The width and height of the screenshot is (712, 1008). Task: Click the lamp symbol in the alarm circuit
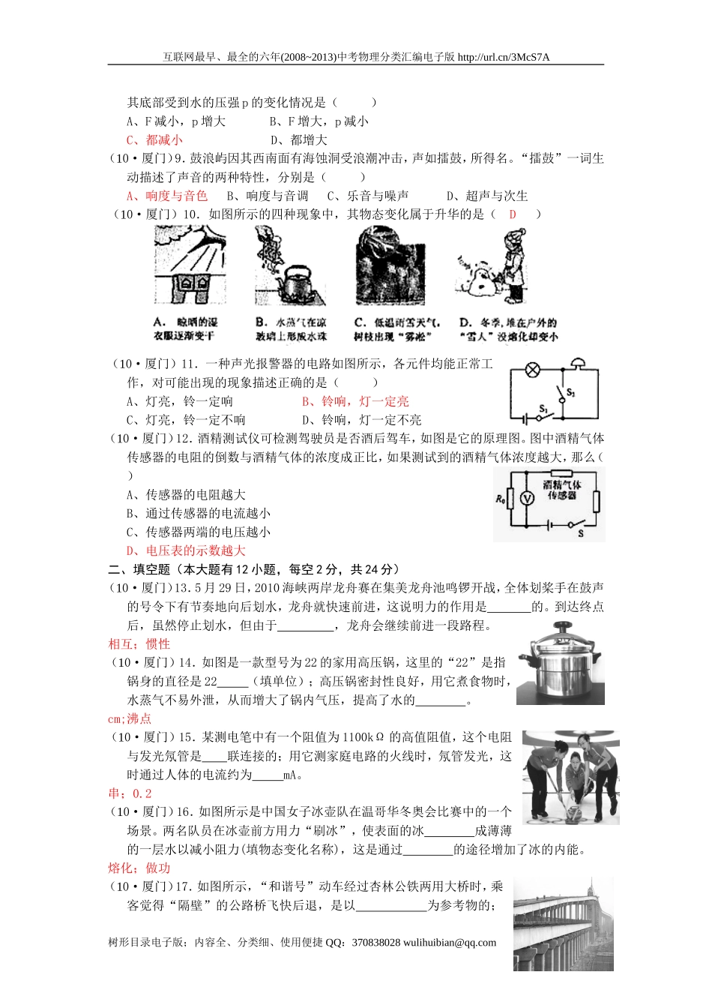tap(534, 370)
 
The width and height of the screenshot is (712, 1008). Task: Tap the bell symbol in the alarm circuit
tap(576, 364)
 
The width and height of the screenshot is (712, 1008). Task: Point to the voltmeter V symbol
tap(525, 499)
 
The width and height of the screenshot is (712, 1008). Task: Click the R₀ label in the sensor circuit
tap(501, 499)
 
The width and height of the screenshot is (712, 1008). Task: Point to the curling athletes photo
tap(570, 777)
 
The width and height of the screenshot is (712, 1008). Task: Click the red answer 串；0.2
tap(130, 793)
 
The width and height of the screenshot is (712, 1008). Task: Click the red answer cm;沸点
tap(130, 718)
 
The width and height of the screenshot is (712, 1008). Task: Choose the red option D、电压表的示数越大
tap(186, 550)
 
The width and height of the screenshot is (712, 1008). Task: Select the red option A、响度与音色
tap(166, 196)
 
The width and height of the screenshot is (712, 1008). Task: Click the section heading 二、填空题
tap(139, 569)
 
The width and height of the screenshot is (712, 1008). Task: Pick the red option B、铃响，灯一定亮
tap(355, 401)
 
